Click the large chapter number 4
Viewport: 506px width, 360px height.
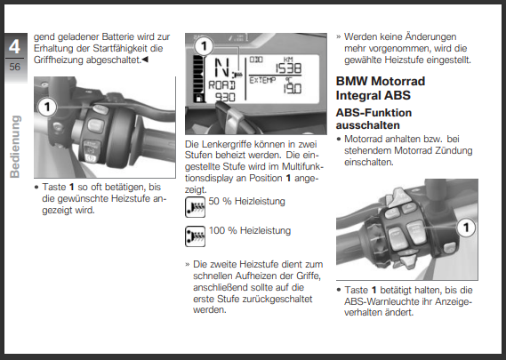click(x=14, y=47)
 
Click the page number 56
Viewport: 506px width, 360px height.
click(x=15, y=67)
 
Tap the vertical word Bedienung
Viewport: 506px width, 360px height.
click(x=15, y=147)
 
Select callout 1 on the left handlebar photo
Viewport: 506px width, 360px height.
click(x=47, y=107)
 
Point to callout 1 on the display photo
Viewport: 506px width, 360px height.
click(x=204, y=46)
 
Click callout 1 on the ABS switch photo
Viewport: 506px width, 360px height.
click(x=466, y=228)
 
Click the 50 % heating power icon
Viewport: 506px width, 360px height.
click(x=196, y=207)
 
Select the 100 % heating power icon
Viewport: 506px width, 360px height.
click(x=196, y=236)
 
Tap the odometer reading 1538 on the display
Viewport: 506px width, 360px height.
click(x=288, y=68)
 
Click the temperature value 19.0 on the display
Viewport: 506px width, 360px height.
click(x=293, y=88)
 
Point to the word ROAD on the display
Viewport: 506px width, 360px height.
click(x=222, y=85)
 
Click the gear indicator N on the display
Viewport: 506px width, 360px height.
click(x=222, y=68)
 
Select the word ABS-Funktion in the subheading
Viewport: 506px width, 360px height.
click(x=373, y=113)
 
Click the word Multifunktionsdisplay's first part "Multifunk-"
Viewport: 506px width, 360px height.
click(x=302, y=166)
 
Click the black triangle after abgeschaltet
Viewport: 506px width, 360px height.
click(x=145, y=60)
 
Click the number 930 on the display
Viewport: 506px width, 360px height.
click(x=225, y=97)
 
